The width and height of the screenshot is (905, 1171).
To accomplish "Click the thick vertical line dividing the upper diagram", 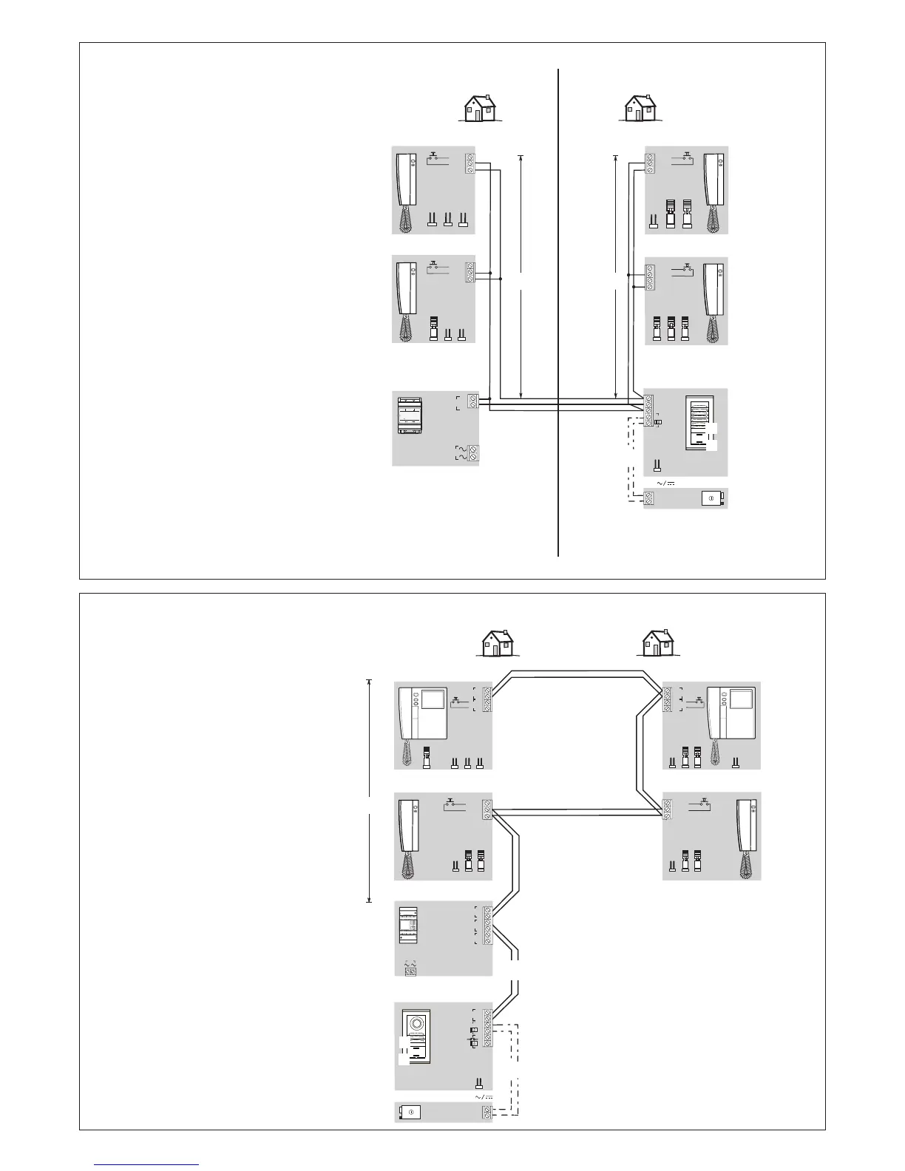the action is (557, 310).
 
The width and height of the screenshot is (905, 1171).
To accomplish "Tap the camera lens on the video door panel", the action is (416, 1025).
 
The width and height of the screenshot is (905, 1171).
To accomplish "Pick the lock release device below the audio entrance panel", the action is (713, 498).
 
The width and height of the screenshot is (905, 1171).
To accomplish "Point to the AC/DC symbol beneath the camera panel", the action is (483, 1096).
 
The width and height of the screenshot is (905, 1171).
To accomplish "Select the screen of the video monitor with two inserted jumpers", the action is (740, 699).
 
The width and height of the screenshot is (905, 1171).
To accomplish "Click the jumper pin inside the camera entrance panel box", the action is (479, 1084).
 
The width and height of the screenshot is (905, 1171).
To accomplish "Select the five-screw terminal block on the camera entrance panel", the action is (487, 1028).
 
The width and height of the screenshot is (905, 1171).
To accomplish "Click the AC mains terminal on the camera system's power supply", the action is (410, 971).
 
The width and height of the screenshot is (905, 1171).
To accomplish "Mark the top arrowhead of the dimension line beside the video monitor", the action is (369, 682).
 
